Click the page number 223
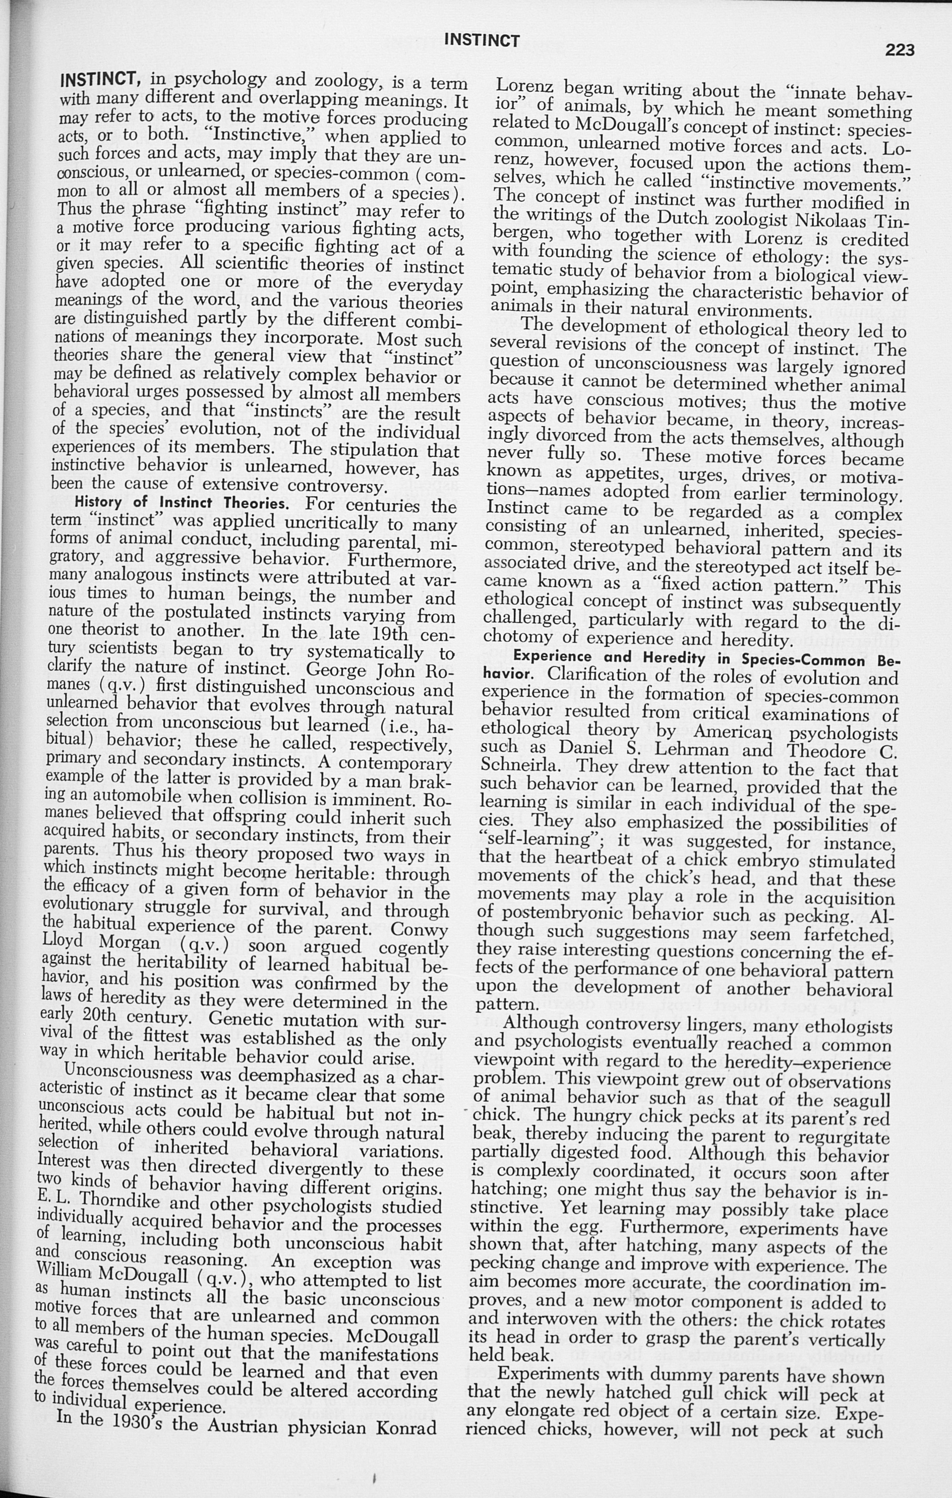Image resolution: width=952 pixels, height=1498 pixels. [x=899, y=50]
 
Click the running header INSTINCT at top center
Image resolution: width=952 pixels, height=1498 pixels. [x=482, y=41]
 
